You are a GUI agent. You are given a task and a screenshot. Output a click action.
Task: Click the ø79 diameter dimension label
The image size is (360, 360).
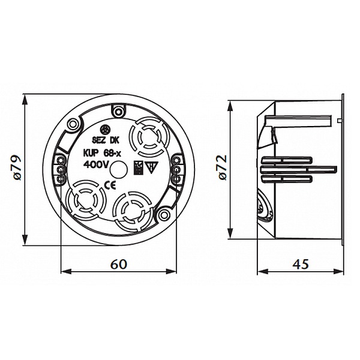coord(17,168)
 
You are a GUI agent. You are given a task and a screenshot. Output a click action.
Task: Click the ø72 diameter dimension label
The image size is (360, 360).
coord(222,167)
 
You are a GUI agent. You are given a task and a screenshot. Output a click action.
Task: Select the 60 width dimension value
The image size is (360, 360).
coord(119,264)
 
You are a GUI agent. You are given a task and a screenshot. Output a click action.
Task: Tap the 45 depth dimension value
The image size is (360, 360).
coord(301,264)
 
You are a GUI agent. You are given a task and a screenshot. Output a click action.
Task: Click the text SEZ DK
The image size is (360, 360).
coord(106,140)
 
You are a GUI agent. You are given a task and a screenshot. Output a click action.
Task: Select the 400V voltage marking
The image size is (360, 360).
coord(96,164)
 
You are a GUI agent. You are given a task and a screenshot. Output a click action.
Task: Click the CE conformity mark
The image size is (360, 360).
coord(110,185)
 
